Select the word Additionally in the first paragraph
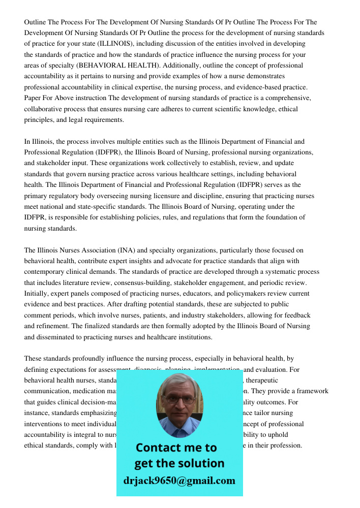tap(193, 66)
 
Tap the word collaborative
tap(44, 109)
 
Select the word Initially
tap(37, 294)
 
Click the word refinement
tap(53, 326)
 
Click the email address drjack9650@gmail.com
tap(179, 481)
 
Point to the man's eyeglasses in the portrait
tap(179, 399)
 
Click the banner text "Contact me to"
tap(176, 448)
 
